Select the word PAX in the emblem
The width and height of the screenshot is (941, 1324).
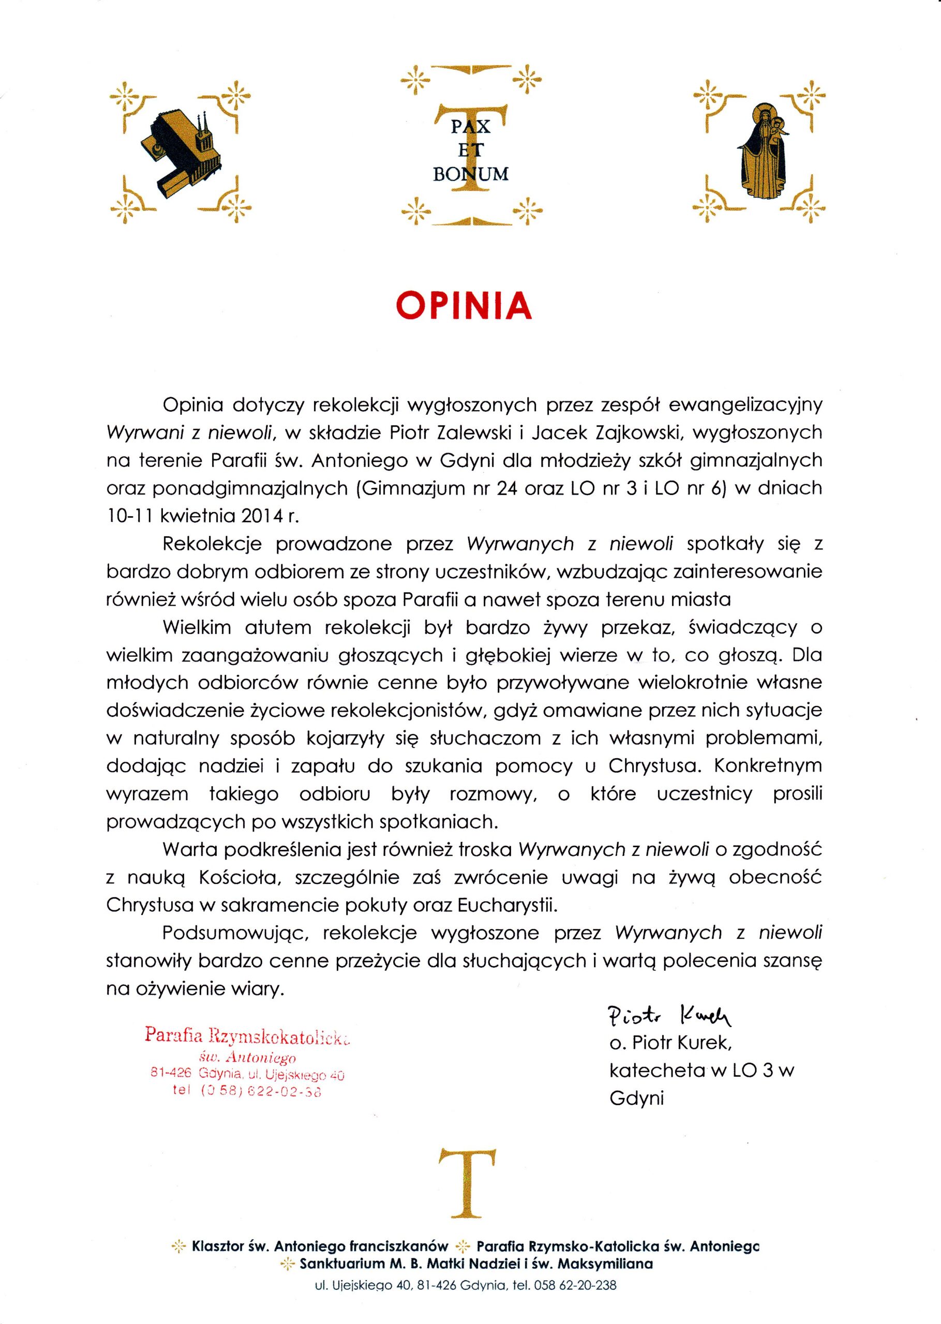click(471, 127)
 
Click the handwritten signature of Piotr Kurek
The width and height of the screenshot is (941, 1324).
click(669, 1015)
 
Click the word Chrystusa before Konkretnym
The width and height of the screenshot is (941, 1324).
click(651, 766)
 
